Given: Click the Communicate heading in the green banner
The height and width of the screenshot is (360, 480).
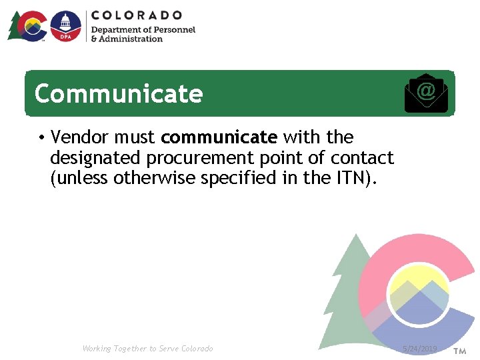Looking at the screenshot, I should click(118, 94).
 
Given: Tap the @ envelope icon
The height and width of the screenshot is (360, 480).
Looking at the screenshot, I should click(426, 93).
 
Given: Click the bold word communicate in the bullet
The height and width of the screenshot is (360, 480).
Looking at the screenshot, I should click(219, 137).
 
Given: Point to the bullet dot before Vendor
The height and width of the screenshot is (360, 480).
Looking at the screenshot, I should click(41, 138).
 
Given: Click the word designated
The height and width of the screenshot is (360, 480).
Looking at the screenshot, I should click(95, 158).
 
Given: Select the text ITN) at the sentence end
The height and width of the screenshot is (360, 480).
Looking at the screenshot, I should click(361, 178).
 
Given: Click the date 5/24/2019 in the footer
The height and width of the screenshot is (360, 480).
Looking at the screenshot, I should click(420, 349).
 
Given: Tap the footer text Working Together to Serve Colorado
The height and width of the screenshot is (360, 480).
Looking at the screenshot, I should click(147, 349).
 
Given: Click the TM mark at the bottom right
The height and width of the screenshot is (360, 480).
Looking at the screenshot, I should click(459, 351).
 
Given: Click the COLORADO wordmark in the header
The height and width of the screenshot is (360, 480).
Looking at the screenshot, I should click(137, 15).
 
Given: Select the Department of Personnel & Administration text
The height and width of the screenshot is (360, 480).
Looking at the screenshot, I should click(143, 34).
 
